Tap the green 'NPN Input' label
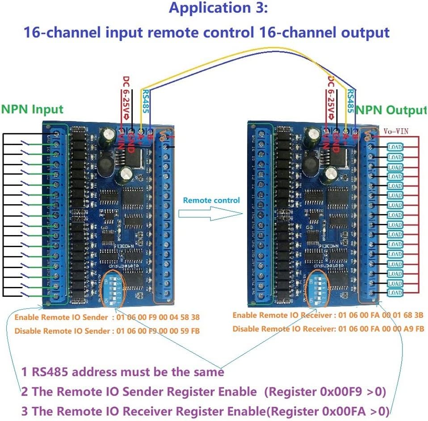(32, 109)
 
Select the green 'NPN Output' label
(391, 110)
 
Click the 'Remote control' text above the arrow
(211, 200)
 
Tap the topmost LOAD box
(395, 147)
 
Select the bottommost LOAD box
(395, 293)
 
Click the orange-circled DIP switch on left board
(111, 288)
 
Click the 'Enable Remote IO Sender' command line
(107, 318)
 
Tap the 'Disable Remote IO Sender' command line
(107, 331)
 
